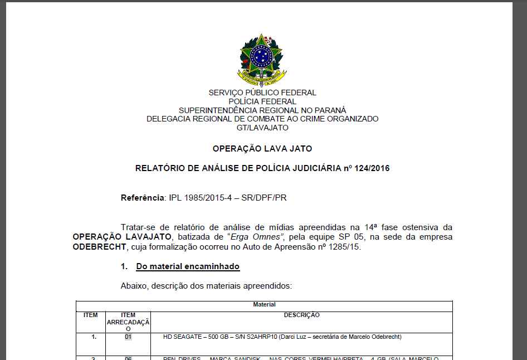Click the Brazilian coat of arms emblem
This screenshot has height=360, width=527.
coord(262,59)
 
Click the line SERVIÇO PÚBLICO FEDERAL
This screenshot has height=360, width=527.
coord(262,93)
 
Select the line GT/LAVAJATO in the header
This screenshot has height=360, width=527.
coord(262,128)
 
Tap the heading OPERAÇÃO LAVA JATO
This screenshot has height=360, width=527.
coord(262,149)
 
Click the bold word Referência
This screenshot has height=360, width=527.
coord(143,198)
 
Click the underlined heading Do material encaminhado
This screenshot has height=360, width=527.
coord(188,266)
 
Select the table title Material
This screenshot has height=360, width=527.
coord(264,305)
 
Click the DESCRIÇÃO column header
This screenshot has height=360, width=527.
coord(301,315)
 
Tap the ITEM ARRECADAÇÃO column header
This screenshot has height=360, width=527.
coord(128,322)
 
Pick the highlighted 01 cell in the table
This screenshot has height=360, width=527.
coord(128,337)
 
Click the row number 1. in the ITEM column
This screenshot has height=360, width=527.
coord(94,337)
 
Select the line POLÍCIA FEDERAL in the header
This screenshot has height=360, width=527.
coord(262,101)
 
